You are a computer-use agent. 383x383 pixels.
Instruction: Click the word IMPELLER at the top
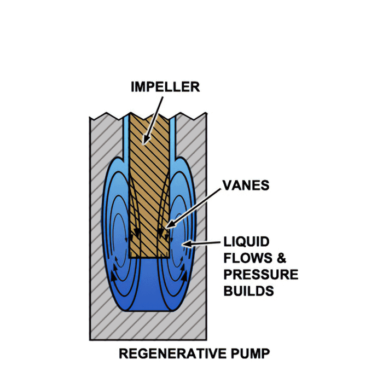pyautogui.click(x=165, y=87)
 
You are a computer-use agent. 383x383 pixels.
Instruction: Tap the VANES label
pyautogui.click(x=246, y=185)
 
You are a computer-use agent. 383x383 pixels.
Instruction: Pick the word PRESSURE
pyautogui.click(x=261, y=274)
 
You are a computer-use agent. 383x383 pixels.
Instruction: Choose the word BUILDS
pyautogui.click(x=248, y=291)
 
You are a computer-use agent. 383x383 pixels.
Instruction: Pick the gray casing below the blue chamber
pyautogui.click(x=149, y=326)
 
